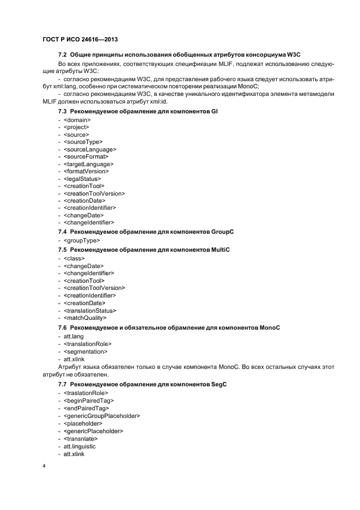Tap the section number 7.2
(63, 56)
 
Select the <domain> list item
(77, 119)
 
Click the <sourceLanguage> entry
(90, 149)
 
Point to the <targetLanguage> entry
(88, 163)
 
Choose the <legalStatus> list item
(82, 178)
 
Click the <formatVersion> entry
(86, 171)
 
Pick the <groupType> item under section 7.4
(82, 240)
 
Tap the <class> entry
(74, 258)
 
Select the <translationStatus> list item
(90, 310)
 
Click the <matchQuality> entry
(85, 317)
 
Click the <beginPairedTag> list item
(87, 400)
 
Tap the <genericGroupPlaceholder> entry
(102, 416)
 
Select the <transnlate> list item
(81, 438)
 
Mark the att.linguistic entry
(79, 446)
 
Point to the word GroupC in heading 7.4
(222, 232)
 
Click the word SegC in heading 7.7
(219, 385)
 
